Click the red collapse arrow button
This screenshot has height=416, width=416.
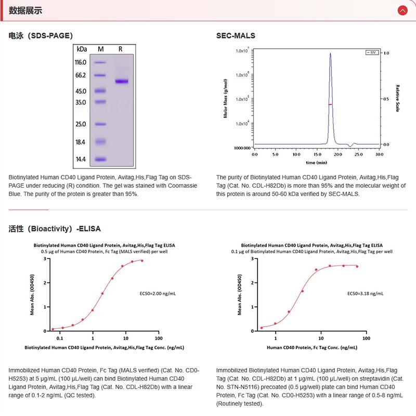pos(402,10)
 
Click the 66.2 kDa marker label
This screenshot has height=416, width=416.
pos(81,75)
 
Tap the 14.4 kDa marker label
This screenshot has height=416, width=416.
pos(81,159)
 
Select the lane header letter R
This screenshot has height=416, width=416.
pos(121,49)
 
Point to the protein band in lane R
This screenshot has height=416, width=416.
pos(122,81)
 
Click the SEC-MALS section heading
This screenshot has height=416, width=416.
pos(236,36)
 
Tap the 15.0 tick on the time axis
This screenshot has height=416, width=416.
pos(317,154)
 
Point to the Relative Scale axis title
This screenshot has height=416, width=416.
pos(397,99)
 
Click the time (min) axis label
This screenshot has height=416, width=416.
pos(317,163)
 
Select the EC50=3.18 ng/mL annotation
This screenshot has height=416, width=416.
pos(366,293)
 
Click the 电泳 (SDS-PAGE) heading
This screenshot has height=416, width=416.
pos(41,36)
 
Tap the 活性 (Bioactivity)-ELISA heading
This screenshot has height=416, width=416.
pos(55,229)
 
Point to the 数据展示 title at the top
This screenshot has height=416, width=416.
pos(25,10)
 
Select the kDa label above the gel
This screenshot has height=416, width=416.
pos(82,49)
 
